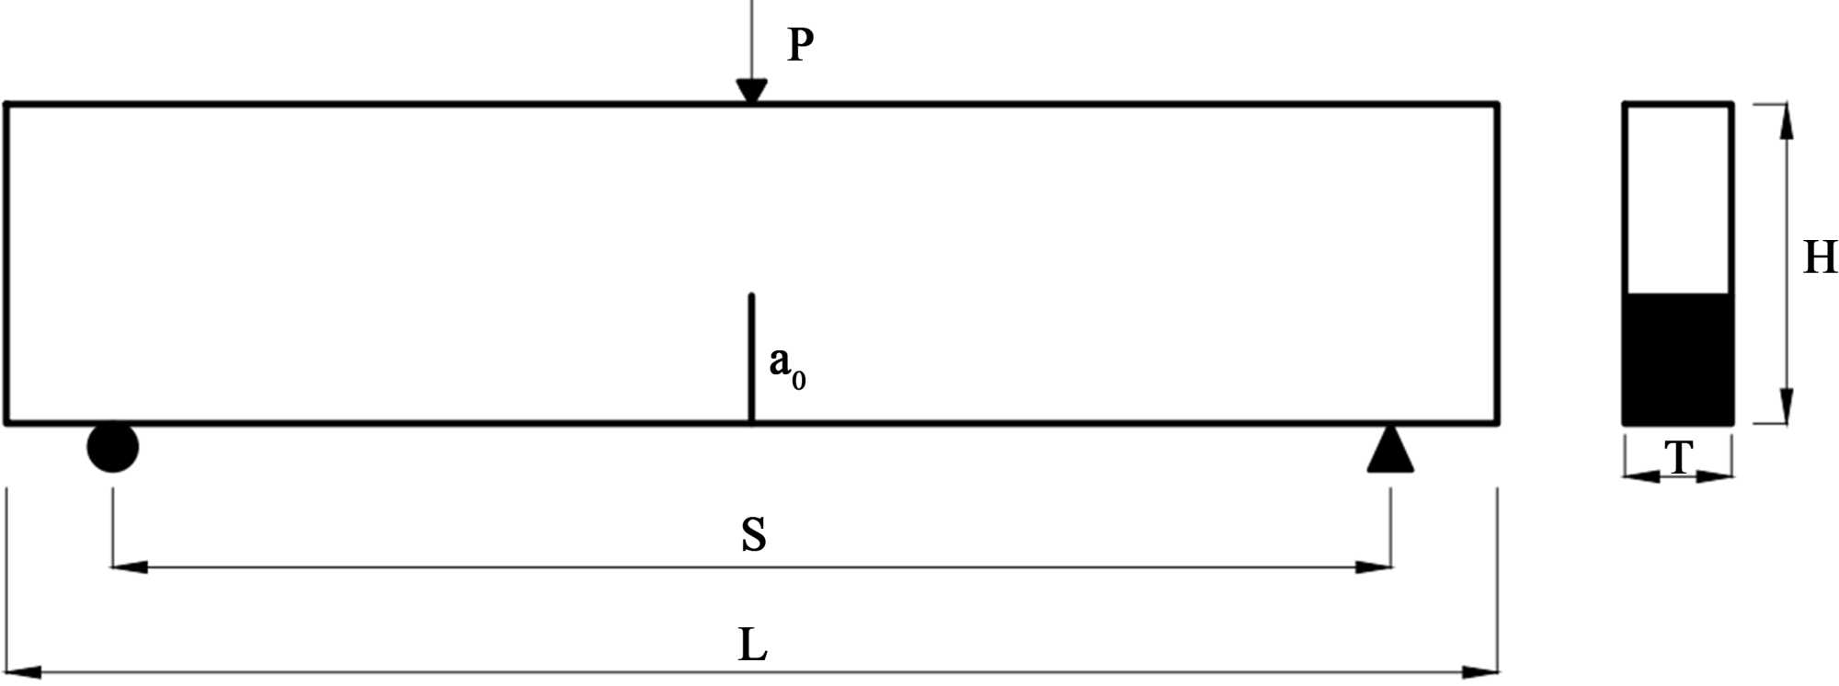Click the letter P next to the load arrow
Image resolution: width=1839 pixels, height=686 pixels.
(x=800, y=44)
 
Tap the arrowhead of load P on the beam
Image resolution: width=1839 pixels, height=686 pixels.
(x=751, y=91)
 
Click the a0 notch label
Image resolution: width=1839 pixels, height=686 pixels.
(x=786, y=365)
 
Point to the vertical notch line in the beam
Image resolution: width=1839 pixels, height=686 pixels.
(x=751, y=359)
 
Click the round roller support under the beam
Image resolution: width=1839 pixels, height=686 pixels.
(x=112, y=448)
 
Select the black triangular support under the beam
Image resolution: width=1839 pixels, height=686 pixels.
(x=1389, y=451)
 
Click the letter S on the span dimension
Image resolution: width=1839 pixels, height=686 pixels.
(x=753, y=534)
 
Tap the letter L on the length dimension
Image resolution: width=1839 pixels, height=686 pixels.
(x=752, y=645)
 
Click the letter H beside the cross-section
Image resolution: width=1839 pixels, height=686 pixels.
(x=1820, y=257)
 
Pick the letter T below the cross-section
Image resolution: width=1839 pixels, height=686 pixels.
(x=1679, y=457)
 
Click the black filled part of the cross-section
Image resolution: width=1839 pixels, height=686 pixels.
(x=1678, y=359)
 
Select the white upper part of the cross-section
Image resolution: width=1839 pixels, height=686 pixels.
(x=1678, y=198)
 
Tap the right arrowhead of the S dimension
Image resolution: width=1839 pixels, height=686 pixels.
(x=1376, y=567)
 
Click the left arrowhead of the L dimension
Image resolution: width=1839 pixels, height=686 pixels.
(x=22, y=672)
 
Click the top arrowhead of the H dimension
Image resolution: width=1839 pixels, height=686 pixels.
(x=1786, y=120)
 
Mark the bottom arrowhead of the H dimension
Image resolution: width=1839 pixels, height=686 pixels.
(x=1786, y=407)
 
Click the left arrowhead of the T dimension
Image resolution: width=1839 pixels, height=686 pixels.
(x=1639, y=476)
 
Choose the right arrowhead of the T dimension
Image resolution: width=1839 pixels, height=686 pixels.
(x=1717, y=476)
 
